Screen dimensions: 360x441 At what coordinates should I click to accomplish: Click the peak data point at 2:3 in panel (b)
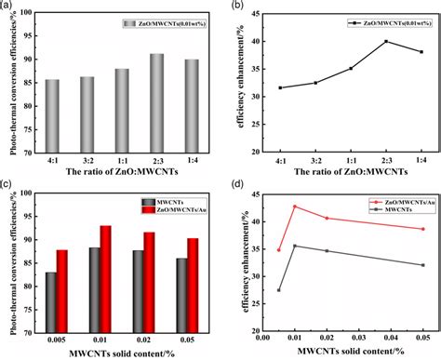tap(360, 41)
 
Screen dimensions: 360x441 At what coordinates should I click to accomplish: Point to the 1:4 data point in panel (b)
tap(394, 51)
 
